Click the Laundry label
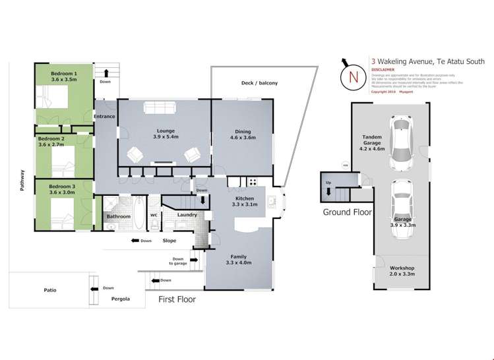187,215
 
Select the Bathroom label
119,216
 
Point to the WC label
153,215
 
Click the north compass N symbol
353,77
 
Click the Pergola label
119,299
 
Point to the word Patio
49,288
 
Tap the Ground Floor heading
347,212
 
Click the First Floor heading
177,299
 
